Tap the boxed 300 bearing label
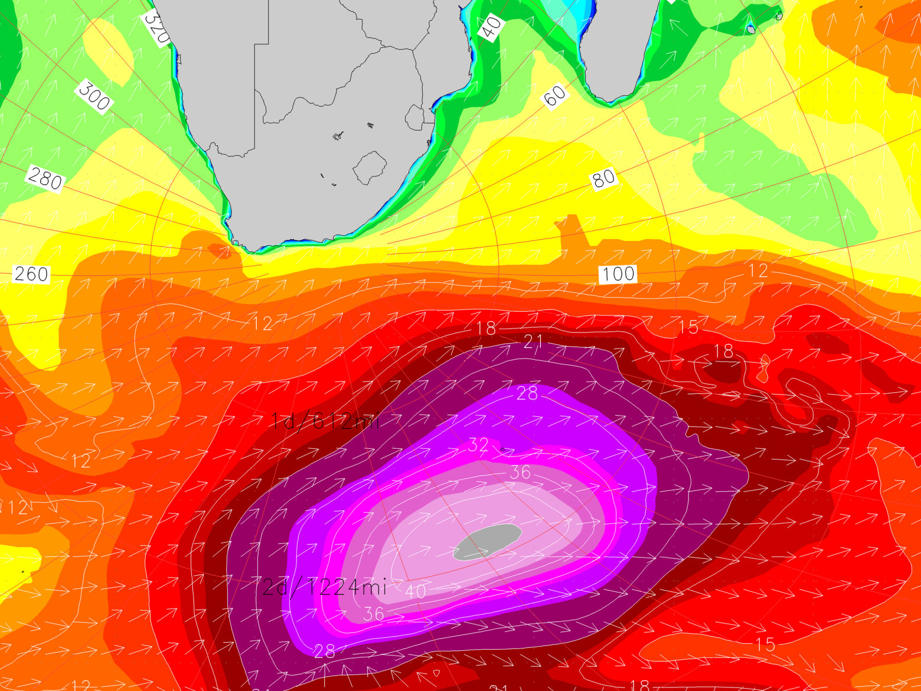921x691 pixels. [94, 96]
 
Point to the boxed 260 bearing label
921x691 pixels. [31, 274]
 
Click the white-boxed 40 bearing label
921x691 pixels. [491, 27]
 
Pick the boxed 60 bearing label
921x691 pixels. [554, 96]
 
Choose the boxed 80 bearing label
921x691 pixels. [603, 178]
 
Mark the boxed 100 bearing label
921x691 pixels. [618, 273]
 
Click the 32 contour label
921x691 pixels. [478, 444]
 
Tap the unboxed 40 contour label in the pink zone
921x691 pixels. [416, 591]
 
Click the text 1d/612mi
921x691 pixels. [325, 421]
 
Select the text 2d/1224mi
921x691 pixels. [324, 587]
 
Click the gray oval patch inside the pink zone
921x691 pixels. [488, 541]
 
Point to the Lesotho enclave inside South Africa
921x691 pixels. [370, 167]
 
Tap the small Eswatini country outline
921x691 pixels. [414, 118]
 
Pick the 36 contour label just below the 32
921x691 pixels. [520, 472]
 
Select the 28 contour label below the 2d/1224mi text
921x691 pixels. [324, 651]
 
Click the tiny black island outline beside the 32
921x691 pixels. [502, 449]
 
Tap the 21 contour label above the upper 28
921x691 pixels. [533, 341]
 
